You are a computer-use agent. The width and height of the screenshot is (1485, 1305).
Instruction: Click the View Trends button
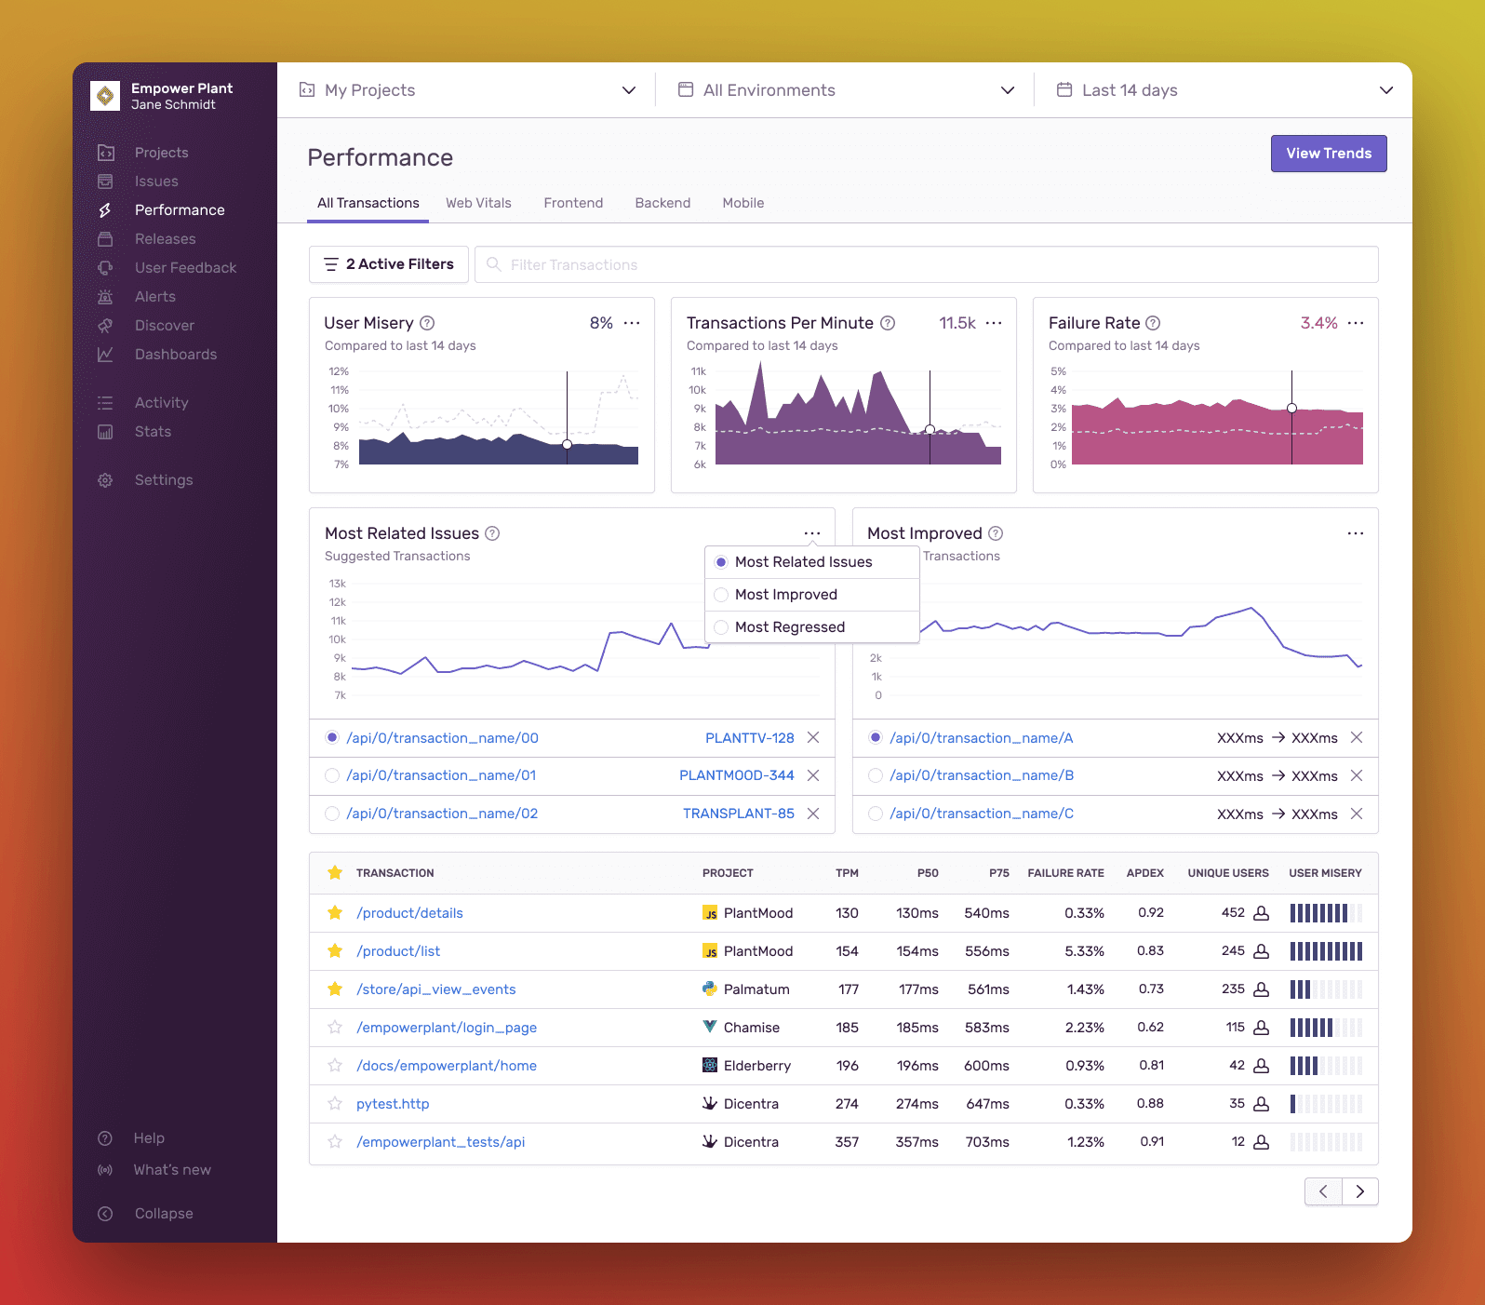[1328, 154]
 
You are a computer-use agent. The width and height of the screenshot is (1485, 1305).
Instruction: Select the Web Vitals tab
[478, 203]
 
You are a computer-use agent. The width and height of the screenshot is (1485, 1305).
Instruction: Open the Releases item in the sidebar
[165, 239]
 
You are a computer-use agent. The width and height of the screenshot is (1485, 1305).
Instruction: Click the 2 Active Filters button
[389, 264]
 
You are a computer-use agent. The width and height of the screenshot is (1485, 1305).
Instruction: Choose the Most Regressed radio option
[721, 627]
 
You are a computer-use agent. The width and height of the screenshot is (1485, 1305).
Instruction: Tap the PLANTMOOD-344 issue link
[736, 775]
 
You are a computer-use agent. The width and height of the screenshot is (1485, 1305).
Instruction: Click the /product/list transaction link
[398, 951]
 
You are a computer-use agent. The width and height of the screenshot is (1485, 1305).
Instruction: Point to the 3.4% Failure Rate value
[1318, 323]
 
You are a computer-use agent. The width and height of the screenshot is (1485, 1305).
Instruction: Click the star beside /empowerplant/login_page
[335, 1028]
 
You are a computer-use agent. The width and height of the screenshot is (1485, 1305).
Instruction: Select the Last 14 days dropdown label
[1130, 90]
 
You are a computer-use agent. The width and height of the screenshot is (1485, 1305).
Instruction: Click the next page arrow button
[1360, 1191]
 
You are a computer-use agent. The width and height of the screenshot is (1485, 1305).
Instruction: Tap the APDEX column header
[1144, 873]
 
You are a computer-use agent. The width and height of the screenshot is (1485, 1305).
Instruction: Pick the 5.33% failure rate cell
[1084, 951]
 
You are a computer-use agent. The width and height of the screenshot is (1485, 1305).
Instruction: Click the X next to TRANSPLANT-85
[813, 814]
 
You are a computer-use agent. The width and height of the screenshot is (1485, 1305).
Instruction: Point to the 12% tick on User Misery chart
[339, 371]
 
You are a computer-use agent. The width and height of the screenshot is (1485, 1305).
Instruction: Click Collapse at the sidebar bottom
[164, 1214]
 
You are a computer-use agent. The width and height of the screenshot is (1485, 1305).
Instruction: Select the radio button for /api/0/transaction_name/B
[875, 775]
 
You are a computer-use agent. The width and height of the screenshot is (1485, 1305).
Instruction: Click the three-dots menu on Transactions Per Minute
[994, 323]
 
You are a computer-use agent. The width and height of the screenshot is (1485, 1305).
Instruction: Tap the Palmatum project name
[756, 989]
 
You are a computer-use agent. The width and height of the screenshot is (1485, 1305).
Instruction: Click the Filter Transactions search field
[927, 264]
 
